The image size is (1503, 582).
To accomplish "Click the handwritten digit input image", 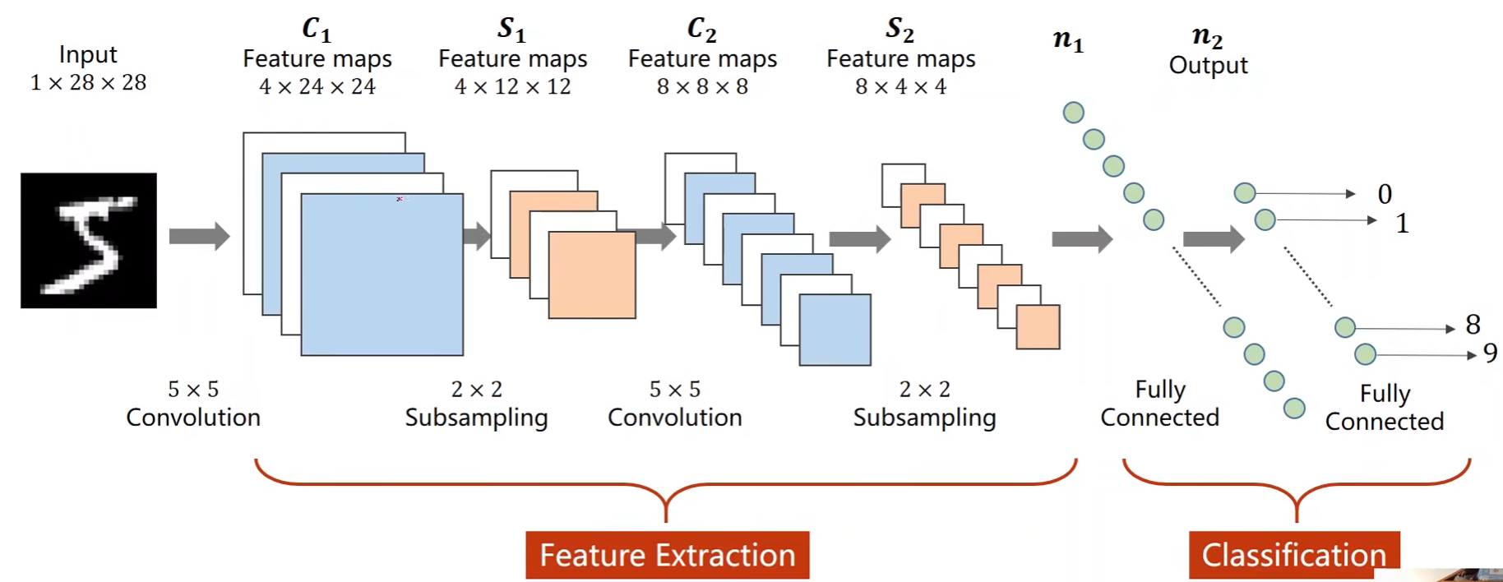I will pyautogui.click(x=89, y=240).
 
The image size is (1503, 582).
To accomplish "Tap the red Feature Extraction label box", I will pyautogui.click(x=667, y=555).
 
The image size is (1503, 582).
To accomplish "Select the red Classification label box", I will pyautogui.click(x=1293, y=555).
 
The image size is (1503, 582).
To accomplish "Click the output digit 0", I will pyautogui.click(x=1385, y=194).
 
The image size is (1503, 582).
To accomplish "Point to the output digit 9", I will pyautogui.click(x=1490, y=353).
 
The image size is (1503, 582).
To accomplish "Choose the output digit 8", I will pyautogui.click(x=1473, y=325).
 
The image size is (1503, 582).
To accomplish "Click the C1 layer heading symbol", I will pyautogui.click(x=317, y=30).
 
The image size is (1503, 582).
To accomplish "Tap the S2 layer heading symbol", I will pyautogui.click(x=899, y=30).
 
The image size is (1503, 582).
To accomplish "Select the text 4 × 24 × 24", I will pyautogui.click(x=317, y=86).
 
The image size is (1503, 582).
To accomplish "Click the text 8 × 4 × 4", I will pyautogui.click(x=900, y=86).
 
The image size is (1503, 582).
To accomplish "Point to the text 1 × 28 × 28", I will pyautogui.click(x=88, y=82).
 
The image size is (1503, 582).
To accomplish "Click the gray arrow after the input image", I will pyautogui.click(x=199, y=237).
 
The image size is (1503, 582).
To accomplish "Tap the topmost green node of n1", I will pyautogui.click(x=1073, y=113).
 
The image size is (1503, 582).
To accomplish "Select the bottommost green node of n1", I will pyautogui.click(x=1294, y=408).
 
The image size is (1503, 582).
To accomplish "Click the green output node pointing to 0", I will pyautogui.click(x=1245, y=193).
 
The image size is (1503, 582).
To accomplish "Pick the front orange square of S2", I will pyautogui.click(x=1038, y=327).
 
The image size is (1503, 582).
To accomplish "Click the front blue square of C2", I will pyautogui.click(x=835, y=330).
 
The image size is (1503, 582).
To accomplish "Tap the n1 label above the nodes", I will pyautogui.click(x=1068, y=39).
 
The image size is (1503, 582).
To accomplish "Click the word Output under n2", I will pyautogui.click(x=1208, y=65).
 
